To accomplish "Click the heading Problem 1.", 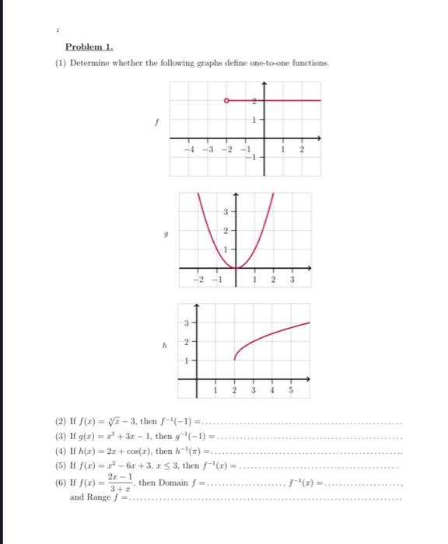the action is coord(89,47).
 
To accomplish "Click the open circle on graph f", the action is coord(226,100).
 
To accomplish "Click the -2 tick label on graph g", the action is coord(199,280).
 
